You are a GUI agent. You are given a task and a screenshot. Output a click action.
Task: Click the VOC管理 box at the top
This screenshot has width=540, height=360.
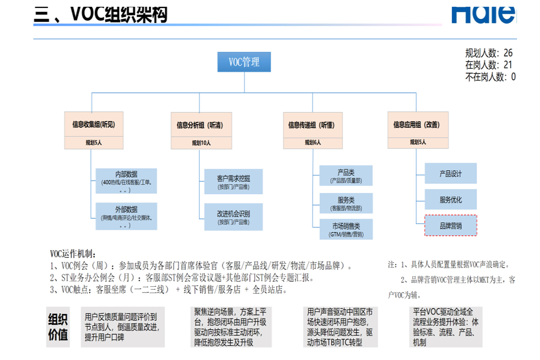(244, 62)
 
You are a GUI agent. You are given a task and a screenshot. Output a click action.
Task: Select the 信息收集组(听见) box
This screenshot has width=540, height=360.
(94, 125)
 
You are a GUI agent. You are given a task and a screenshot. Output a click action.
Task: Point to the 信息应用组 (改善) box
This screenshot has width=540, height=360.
(418, 125)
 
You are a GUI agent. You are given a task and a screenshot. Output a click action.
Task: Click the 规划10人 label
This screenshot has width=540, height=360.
(201, 143)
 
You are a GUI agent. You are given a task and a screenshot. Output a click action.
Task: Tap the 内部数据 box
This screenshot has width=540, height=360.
(126, 181)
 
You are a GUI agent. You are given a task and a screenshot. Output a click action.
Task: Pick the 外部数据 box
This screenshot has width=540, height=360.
(126, 216)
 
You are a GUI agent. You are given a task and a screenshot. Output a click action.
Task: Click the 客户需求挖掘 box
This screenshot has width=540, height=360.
(233, 182)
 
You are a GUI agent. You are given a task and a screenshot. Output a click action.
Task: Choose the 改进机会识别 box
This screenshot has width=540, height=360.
(233, 217)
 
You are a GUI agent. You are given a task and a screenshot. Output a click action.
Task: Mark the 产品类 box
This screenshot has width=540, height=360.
(346, 175)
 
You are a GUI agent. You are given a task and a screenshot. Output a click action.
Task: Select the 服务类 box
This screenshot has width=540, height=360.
(346, 203)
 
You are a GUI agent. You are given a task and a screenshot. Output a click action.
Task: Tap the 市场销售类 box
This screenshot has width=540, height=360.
(346, 229)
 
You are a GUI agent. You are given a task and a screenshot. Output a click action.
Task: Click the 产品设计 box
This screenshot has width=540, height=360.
(450, 174)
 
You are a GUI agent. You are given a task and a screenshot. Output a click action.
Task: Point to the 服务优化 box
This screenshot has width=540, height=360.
(450, 199)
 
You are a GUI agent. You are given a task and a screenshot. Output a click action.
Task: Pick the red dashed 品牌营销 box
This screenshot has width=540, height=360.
(450, 225)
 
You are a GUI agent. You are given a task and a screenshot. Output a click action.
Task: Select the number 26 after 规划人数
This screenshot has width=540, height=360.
(508, 53)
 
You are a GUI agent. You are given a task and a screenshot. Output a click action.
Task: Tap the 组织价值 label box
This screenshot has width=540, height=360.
(58, 327)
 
